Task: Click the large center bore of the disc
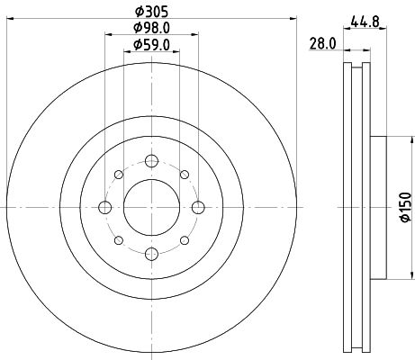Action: pyautogui.click(x=150, y=207)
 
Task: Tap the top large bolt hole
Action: pyautogui.click(x=150, y=161)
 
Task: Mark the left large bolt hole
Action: pyautogui.click(x=104, y=207)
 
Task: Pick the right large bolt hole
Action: pyautogui.click(x=196, y=207)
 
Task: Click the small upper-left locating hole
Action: pyautogui.click(x=118, y=175)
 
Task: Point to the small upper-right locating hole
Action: pyautogui.click(x=183, y=175)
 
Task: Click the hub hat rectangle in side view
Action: pyautogui.click(x=376, y=207)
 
